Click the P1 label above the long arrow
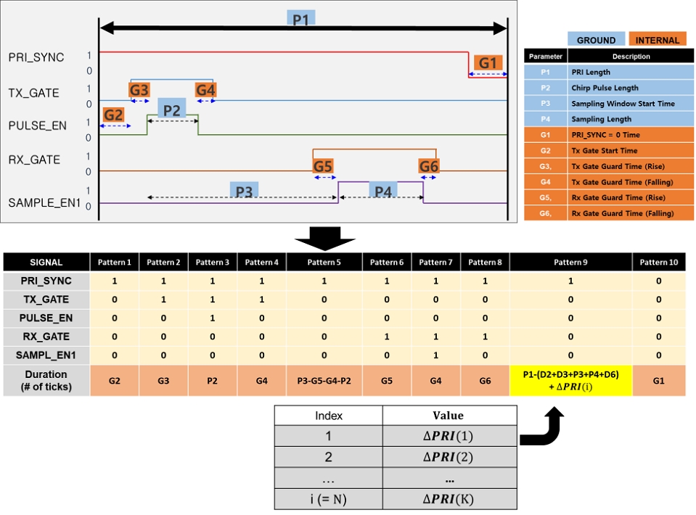coord(300,20)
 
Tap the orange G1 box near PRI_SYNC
coord(488,63)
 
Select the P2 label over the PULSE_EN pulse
coord(171,110)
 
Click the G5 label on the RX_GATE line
coord(323,166)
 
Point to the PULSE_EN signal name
coord(37,125)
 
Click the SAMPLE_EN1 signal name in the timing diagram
coord(44,203)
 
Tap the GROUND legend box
coord(596,41)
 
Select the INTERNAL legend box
coord(657,41)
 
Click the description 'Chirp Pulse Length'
coord(605,88)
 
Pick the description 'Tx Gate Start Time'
coord(604,151)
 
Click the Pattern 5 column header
coord(324,262)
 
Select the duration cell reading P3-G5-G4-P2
coord(324,381)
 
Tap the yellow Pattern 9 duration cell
coord(570,380)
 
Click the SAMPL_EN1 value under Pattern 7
coord(435,355)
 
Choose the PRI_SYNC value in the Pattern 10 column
coord(658,281)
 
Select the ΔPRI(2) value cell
coord(449,457)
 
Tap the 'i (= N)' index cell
coord(328,498)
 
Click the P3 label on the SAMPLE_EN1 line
coord(244,191)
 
